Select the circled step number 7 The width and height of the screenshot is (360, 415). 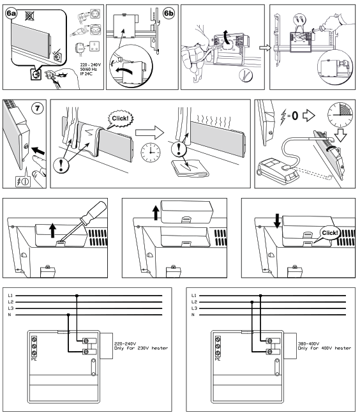click(x=38, y=105)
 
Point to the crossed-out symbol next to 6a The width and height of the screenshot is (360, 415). click(x=27, y=11)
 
